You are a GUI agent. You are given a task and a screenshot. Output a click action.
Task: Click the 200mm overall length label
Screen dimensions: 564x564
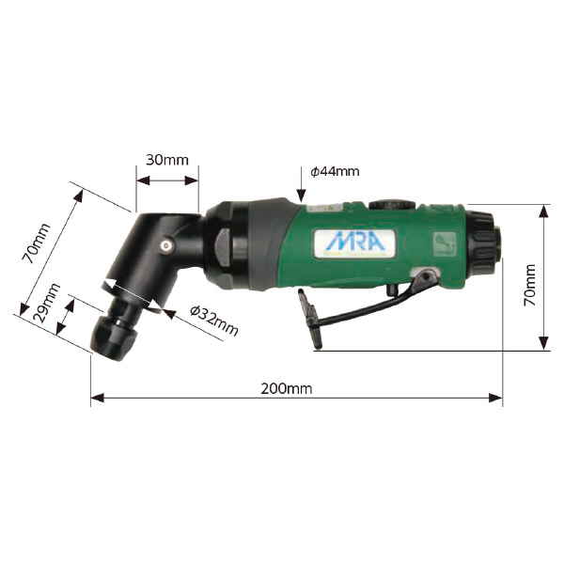click(x=287, y=389)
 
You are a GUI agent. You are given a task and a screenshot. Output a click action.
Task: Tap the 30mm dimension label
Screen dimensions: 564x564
click(x=167, y=160)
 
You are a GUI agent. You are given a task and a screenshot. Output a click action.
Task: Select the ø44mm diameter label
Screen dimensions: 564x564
click(x=335, y=171)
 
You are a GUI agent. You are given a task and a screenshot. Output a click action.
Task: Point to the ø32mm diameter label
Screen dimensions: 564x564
click(x=214, y=321)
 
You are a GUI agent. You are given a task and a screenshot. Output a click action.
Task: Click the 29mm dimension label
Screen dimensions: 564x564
click(x=46, y=303)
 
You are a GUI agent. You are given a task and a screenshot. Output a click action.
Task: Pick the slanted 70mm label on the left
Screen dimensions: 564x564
click(x=36, y=243)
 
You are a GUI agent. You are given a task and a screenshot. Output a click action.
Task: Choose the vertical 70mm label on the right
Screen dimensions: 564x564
click(x=530, y=285)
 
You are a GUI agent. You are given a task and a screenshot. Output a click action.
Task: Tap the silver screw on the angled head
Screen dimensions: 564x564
click(x=165, y=245)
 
